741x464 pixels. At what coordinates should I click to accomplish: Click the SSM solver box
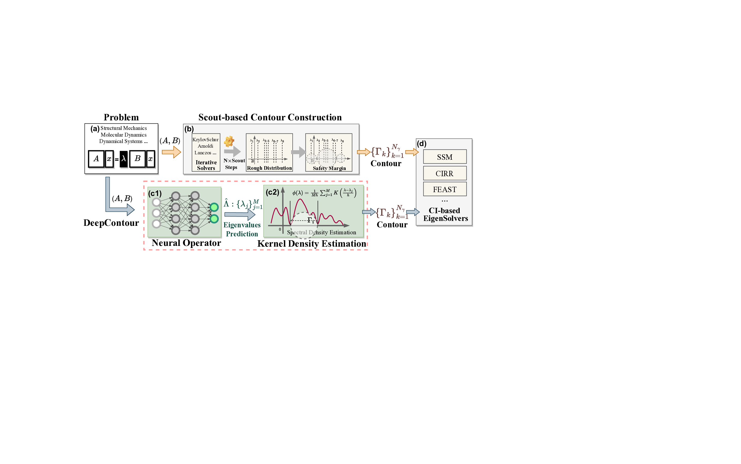pyautogui.click(x=444, y=157)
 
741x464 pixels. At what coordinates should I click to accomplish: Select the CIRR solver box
pyautogui.click(x=444, y=173)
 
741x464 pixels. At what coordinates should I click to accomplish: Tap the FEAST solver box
pyautogui.click(x=444, y=189)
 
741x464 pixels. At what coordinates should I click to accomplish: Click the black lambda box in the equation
pyautogui.click(x=124, y=159)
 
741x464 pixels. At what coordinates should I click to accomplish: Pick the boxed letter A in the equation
pyautogui.click(x=96, y=159)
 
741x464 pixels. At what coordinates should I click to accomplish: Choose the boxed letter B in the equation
pyautogui.click(x=137, y=159)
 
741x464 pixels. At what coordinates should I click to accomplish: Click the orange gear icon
pyautogui.click(x=229, y=141)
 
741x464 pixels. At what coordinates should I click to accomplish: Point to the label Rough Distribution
pyautogui.click(x=269, y=168)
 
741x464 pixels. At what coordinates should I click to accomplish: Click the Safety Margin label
pyautogui.click(x=329, y=168)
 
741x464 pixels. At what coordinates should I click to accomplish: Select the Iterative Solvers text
pyautogui.click(x=206, y=165)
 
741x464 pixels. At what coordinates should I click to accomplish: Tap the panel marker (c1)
pyautogui.click(x=155, y=193)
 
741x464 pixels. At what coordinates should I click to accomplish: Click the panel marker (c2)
pyautogui.click(x=272, y=192)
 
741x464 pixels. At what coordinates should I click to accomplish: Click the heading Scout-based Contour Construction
pyautogui.click(x=270, y=117)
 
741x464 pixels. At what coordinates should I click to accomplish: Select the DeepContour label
pyautogui.click(x=111, y=223)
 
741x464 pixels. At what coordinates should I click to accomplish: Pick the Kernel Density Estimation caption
pyautogui.click(x=312, y=244)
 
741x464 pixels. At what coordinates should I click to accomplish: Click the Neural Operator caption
pyautogui.click(x=186, y=243)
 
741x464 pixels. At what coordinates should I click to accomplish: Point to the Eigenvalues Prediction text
pyautogui.click(x=242, y=229)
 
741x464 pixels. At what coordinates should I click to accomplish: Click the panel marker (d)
pyautogui.click(x=421, y=144)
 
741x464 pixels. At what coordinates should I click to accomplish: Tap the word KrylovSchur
pyautogui.click(x=205, y=140)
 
